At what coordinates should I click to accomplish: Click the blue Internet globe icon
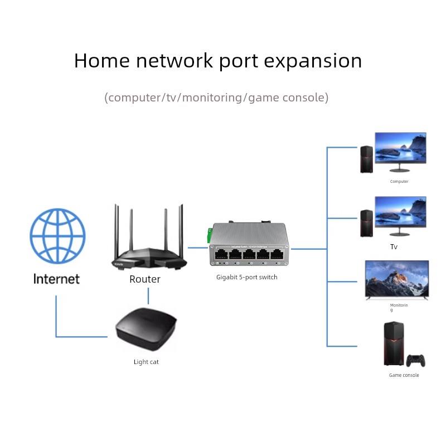[x=57, y=236]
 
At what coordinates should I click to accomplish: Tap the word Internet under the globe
[x=56, y=279]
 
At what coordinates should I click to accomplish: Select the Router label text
[x=145, y=279]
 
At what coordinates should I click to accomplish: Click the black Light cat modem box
[x=146, y=329]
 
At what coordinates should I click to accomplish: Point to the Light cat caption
[x=146, y=362]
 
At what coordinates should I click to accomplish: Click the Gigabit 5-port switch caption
[x=246, y=277]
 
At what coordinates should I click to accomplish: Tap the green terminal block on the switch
[x=210, y=235]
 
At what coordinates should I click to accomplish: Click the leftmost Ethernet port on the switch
[x=220, y=255]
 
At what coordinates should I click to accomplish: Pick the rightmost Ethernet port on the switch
[x=277, y=255]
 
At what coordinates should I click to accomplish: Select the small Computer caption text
[x=399, y=182]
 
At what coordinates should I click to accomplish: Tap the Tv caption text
[x=394, y=246]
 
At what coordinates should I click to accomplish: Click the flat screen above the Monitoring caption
[x=397, y=279]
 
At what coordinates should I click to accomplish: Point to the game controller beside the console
[x=415, y=361]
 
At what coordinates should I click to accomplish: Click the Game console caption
[x=404, y=375]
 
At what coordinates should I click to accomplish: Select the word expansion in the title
[x=313, y=61]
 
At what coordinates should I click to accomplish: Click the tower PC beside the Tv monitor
[x=366, y=223]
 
